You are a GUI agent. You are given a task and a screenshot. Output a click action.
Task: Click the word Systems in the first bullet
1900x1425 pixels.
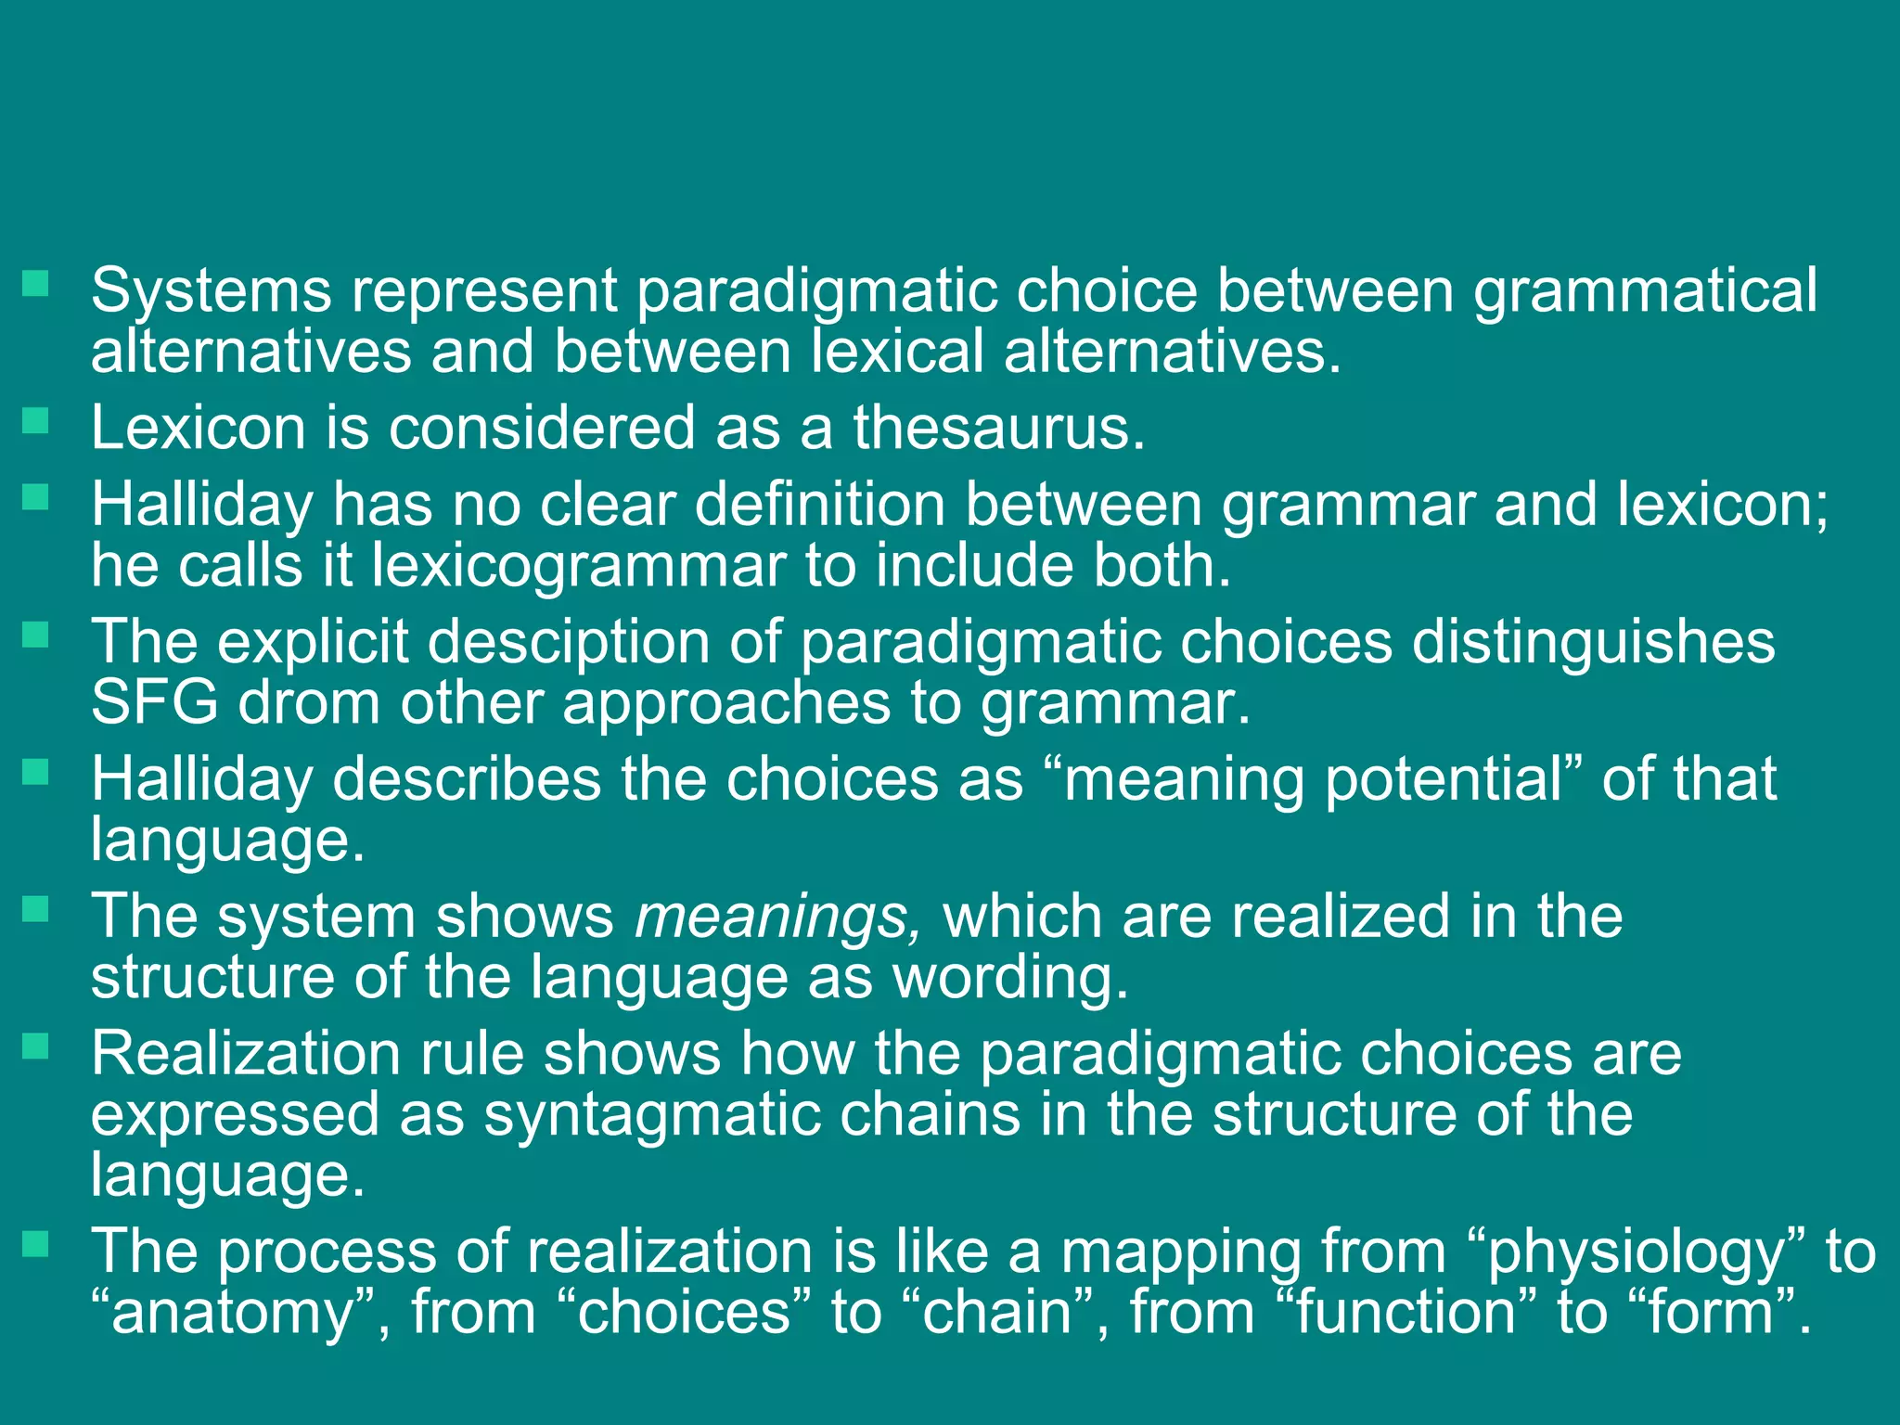coord(211,290)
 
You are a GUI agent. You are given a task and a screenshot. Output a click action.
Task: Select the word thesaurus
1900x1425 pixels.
coord(999,428)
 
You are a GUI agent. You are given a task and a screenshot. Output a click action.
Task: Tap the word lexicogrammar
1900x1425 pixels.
coord(578,565)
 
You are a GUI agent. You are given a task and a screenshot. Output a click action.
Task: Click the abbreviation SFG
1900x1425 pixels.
coord(154,702)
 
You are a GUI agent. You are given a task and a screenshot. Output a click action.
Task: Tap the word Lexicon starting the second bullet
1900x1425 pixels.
coord(198,428)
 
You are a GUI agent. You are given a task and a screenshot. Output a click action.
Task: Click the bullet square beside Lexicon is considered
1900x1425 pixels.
coord(35,422)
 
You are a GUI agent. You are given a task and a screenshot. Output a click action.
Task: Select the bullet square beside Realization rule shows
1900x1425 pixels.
coord(35,1047)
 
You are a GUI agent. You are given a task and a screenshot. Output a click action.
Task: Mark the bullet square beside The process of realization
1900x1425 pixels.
coord(35,1244)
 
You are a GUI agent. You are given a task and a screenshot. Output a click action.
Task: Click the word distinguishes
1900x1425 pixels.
coord(1593,642)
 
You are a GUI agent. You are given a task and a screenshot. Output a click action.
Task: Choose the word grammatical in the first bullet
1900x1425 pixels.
coord(1645,290)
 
